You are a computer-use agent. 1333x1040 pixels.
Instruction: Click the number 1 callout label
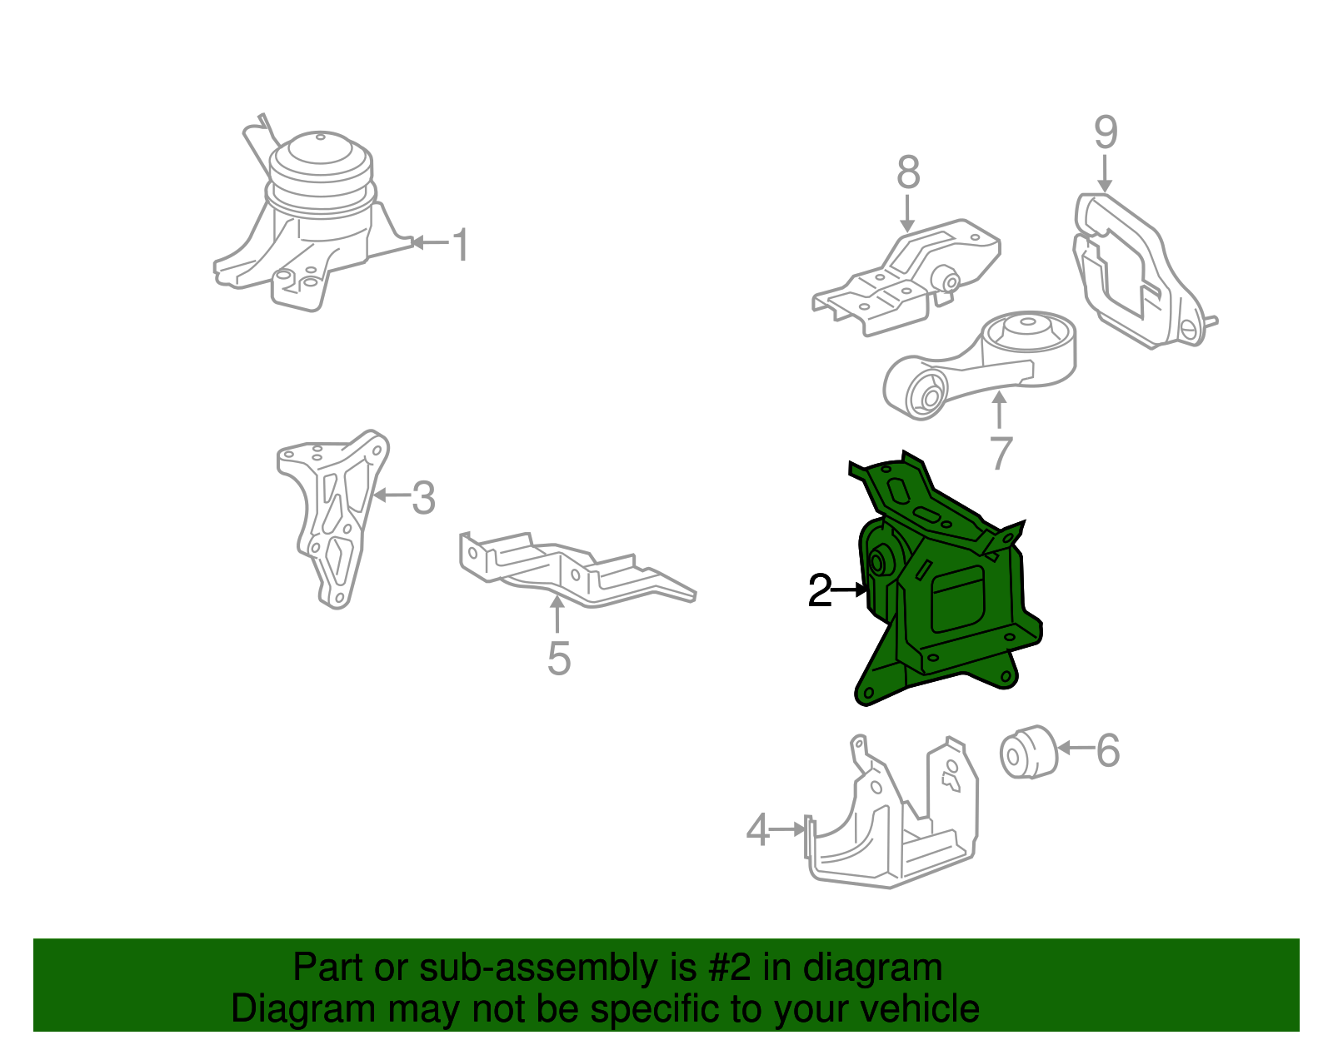[x=461, y=245]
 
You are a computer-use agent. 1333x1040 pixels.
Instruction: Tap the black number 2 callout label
[x=820, y=590]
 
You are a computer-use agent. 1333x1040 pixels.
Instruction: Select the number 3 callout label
[x=424, y=497]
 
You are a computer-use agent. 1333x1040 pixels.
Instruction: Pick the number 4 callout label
[x=758, y=830]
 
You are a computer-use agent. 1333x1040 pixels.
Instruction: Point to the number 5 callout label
[x=559, y=658]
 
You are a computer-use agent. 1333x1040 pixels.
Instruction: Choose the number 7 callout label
[x=1001, y=453]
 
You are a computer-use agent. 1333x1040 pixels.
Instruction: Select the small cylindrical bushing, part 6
[x=1029, y=754]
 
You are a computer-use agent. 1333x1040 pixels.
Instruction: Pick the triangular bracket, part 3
[x=334, y=518]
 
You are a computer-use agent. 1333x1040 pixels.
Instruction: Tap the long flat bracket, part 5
[x=577, y=570]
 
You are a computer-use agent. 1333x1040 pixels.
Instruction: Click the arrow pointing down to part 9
[x=1105, y=173]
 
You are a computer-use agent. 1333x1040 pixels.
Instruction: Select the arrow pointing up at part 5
[x=557, y=613]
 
